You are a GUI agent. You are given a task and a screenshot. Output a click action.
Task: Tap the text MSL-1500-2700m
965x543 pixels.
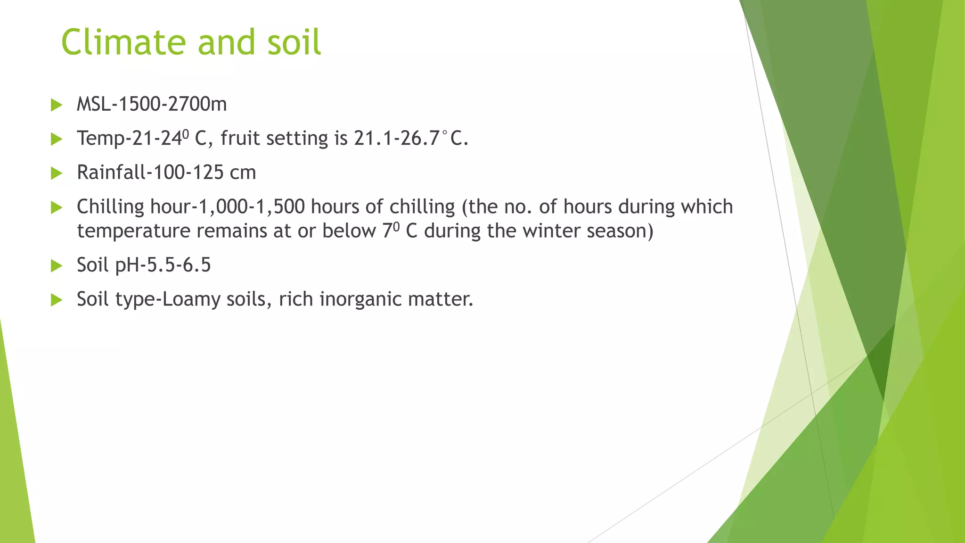(x=152, y=104)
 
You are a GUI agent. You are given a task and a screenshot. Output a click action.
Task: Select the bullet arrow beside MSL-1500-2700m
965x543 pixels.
(x=57, y=105)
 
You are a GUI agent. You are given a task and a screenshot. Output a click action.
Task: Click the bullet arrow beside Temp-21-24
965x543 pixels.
(x=57, y=139)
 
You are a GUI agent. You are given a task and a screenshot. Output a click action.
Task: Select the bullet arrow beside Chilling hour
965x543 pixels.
(x=57, y=207)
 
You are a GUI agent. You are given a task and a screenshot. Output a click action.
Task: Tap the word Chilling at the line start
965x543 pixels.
(x=110, y=207)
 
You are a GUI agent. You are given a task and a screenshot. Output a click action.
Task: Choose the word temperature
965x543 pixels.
(x=133, y=231)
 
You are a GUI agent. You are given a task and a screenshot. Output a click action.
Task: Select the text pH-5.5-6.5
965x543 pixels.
(x=163, y=265)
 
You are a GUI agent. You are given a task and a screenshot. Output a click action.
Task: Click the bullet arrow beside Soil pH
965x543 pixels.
(x=57, y=266)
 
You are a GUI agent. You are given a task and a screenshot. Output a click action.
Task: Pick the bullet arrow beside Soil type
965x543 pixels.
(x=57, y=300)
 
